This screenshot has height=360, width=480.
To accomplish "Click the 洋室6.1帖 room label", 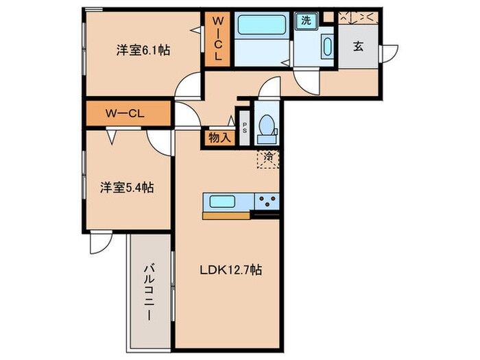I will coord(143,50).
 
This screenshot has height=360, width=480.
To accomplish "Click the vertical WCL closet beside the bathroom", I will coord(217,39).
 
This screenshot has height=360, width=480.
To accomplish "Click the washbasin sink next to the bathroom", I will coord(326,49).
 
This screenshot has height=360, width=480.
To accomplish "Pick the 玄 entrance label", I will coord(358,47).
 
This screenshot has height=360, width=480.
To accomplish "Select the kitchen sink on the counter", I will coord(223,202).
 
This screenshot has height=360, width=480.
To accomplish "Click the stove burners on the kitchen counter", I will coord(267,202).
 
